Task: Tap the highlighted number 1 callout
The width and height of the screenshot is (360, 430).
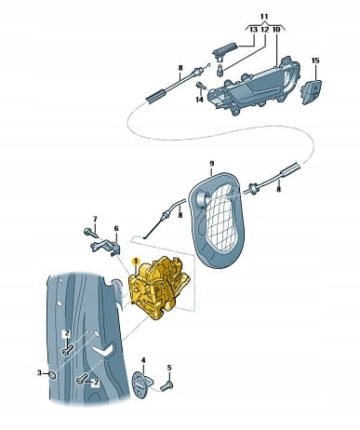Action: point(135,262)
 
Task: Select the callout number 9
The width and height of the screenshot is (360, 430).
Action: point(211,164)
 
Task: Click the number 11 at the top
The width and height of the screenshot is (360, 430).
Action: point(264,17)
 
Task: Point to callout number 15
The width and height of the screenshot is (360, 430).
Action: point(315,60)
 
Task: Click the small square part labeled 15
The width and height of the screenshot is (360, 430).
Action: point(311,90)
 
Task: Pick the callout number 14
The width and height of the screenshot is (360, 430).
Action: point(199,100)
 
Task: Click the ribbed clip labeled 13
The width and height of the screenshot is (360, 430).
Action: point(225,50)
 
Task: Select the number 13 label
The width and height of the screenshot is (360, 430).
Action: point(254,30)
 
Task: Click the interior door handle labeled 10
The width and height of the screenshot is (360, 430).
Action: point(255,87)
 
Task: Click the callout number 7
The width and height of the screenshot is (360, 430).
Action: point(95,220)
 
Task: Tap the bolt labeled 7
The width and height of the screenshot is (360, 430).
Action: point(89,232)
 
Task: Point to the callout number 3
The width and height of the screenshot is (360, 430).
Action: point(39,372)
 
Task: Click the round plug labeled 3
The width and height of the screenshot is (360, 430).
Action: point(52,375)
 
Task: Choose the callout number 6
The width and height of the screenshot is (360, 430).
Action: point(116,229)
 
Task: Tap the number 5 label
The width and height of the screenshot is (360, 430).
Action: point(169,368)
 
